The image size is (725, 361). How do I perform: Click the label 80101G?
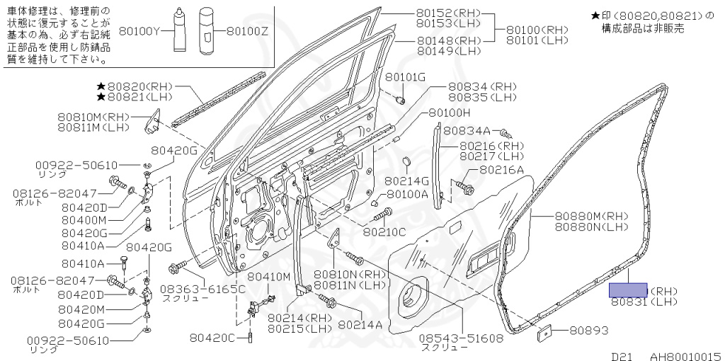pyautogui.click(x=406, y=76)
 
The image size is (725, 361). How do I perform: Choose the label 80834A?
pyautogui.click(x=467, y=131)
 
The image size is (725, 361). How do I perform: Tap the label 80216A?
pyautogui.click(x=501, y=169)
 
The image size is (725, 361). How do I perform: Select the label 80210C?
pyautogui.click(x=384, y=231)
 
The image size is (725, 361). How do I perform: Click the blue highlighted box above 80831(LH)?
pyautogui.click(x=629, y=290)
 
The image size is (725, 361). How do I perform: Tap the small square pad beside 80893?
pyautogui.click(x=544, y=330)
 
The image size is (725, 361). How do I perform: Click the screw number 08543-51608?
pyautogui.click(x=459, y=338)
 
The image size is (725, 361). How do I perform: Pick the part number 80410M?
pyautogui.click(x=269, y=276)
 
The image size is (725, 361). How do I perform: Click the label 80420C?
pyautogui.click(x=212, y=337)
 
